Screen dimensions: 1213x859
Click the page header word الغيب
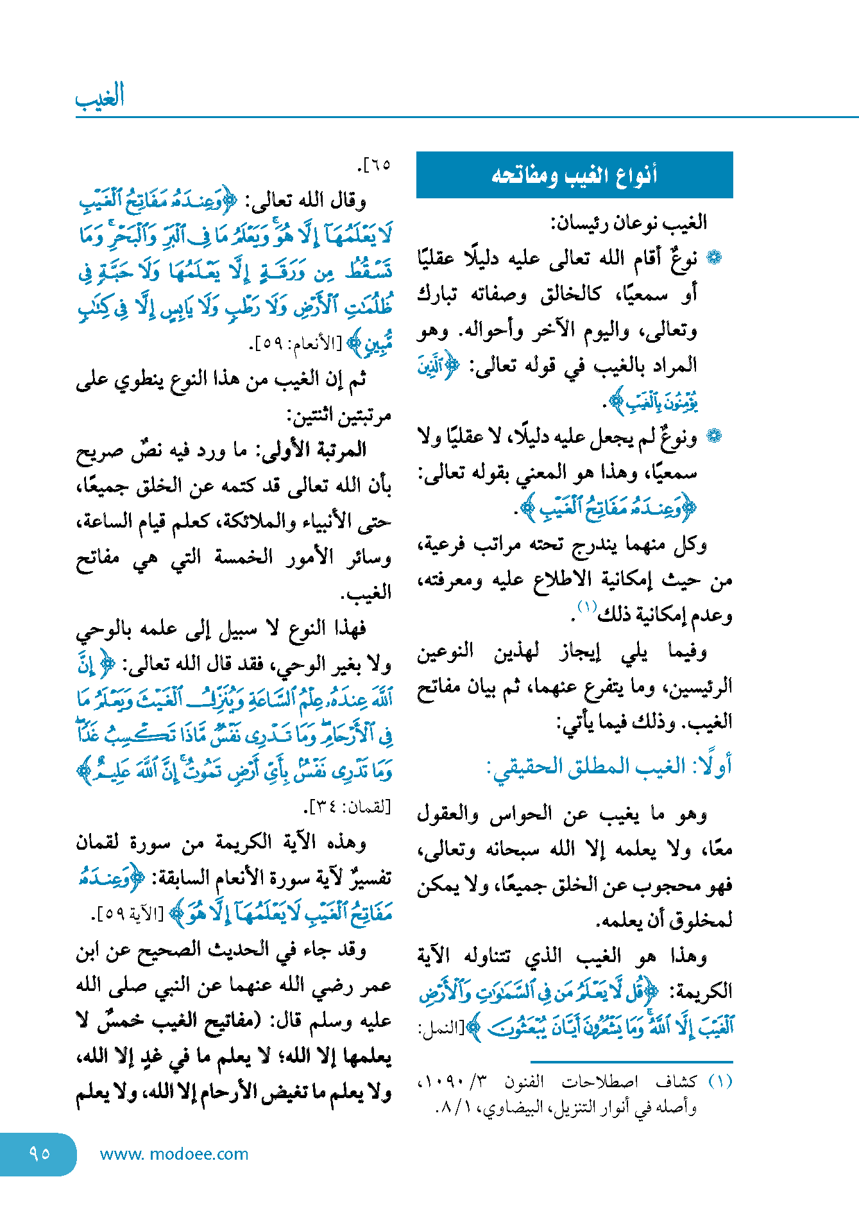99,96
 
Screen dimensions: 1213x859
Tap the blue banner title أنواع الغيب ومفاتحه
574,175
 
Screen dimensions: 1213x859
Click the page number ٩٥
39,1153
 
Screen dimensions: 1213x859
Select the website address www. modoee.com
174,1154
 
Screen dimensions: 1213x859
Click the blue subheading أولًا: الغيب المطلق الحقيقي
609,766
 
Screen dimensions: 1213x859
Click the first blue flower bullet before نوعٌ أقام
714,258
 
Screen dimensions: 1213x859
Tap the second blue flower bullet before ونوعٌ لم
714,436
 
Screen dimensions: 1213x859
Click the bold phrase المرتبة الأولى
321,450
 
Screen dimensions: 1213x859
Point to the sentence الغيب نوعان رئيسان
629,223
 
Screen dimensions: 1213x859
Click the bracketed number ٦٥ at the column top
376,165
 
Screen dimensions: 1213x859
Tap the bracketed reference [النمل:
440,1028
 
